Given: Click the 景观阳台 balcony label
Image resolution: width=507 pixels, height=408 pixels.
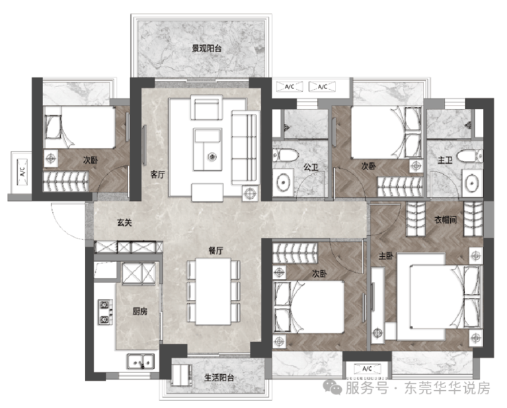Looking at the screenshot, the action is tap(207, 49).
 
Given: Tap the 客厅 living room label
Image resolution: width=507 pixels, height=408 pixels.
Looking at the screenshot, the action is tap(158, 175).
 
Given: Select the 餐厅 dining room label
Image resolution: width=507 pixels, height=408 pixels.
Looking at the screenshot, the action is tap(216, 250).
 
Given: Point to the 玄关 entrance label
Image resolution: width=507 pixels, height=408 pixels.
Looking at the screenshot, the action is tap(125, 223).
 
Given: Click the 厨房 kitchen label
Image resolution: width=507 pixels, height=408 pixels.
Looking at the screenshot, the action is tap(140, 311).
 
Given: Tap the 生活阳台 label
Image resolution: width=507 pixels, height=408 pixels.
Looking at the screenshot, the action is tap(219, 377).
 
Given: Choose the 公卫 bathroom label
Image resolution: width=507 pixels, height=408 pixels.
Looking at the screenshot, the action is tap(311, 167).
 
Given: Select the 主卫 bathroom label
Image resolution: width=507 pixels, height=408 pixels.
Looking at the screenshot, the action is tap(445, 160).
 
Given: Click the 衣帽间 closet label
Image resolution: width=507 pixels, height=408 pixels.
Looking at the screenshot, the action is tap(445, 220).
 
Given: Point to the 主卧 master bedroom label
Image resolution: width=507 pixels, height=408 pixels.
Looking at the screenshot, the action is tap(386, 256).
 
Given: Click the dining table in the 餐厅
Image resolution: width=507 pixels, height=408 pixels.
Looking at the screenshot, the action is tap(214, 291).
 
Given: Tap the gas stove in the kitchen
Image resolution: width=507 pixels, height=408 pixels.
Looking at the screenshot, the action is tap(105, 312).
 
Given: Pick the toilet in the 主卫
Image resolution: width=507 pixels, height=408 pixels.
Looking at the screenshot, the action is tap(471, 156).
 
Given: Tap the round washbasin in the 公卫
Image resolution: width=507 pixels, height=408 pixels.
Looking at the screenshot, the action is tap(283, 182).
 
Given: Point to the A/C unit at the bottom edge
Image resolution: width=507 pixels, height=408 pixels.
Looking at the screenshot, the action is tap(367, 368).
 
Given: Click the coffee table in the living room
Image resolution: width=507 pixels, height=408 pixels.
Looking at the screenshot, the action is tap(208, 149).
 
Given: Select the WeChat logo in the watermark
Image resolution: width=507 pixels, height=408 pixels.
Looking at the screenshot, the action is tap(333, 387).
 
